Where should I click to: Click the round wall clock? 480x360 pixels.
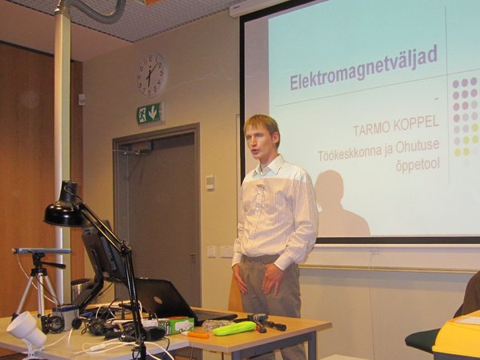tap(151, 75)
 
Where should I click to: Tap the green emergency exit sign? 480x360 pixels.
tap(150, 113)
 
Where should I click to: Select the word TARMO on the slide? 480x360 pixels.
tap(372, 129)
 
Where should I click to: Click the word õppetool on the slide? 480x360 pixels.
tap(418, 166)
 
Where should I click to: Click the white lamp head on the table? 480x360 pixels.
tap(26, 329)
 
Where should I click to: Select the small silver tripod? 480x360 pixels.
tap(38, 281)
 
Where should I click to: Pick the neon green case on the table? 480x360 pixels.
tap(234, 329)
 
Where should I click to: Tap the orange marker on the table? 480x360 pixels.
tap(198, 335)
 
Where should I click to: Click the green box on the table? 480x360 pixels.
tap(178, 325)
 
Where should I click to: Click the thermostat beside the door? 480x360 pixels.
tap(210, 182)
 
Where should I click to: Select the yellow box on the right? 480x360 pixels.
tap(457, 339)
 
